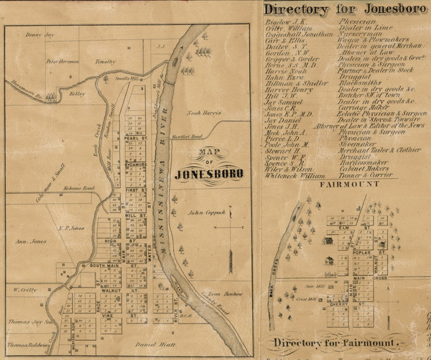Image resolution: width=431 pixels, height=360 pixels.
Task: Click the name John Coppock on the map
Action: (x=207, y=213)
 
